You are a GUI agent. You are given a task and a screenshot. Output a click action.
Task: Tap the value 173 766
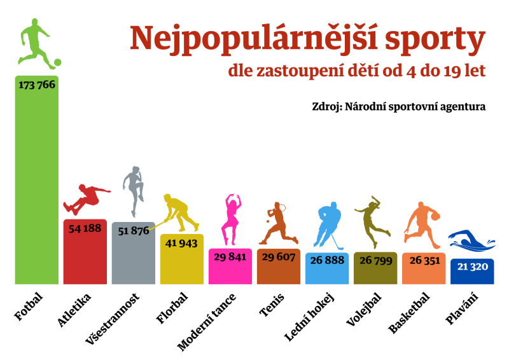click(37, 85)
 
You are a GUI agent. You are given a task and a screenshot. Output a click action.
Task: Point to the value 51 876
click(133, 230)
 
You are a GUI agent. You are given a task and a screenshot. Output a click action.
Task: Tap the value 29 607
click(279, 256)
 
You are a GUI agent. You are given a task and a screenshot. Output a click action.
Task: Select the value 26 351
click(424, 260)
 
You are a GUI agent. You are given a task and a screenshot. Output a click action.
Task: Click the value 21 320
click(472, 267)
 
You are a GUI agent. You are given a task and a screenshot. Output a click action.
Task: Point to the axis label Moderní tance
click(207, 322)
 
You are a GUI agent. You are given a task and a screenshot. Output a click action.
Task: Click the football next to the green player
click(57, 62)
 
